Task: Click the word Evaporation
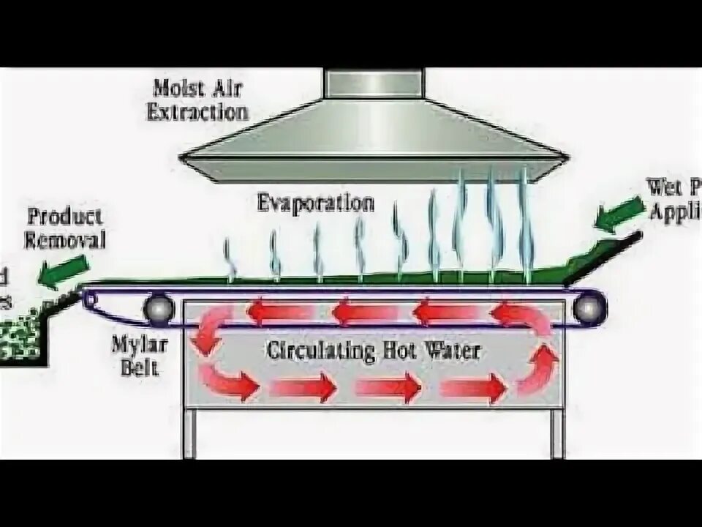316,203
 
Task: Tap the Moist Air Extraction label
197,100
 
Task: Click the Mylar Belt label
135,354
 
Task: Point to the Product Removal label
65,228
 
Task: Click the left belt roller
158,310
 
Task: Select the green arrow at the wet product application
615,214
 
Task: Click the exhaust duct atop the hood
374,83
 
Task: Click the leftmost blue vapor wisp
230,259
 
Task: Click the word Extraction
198,112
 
